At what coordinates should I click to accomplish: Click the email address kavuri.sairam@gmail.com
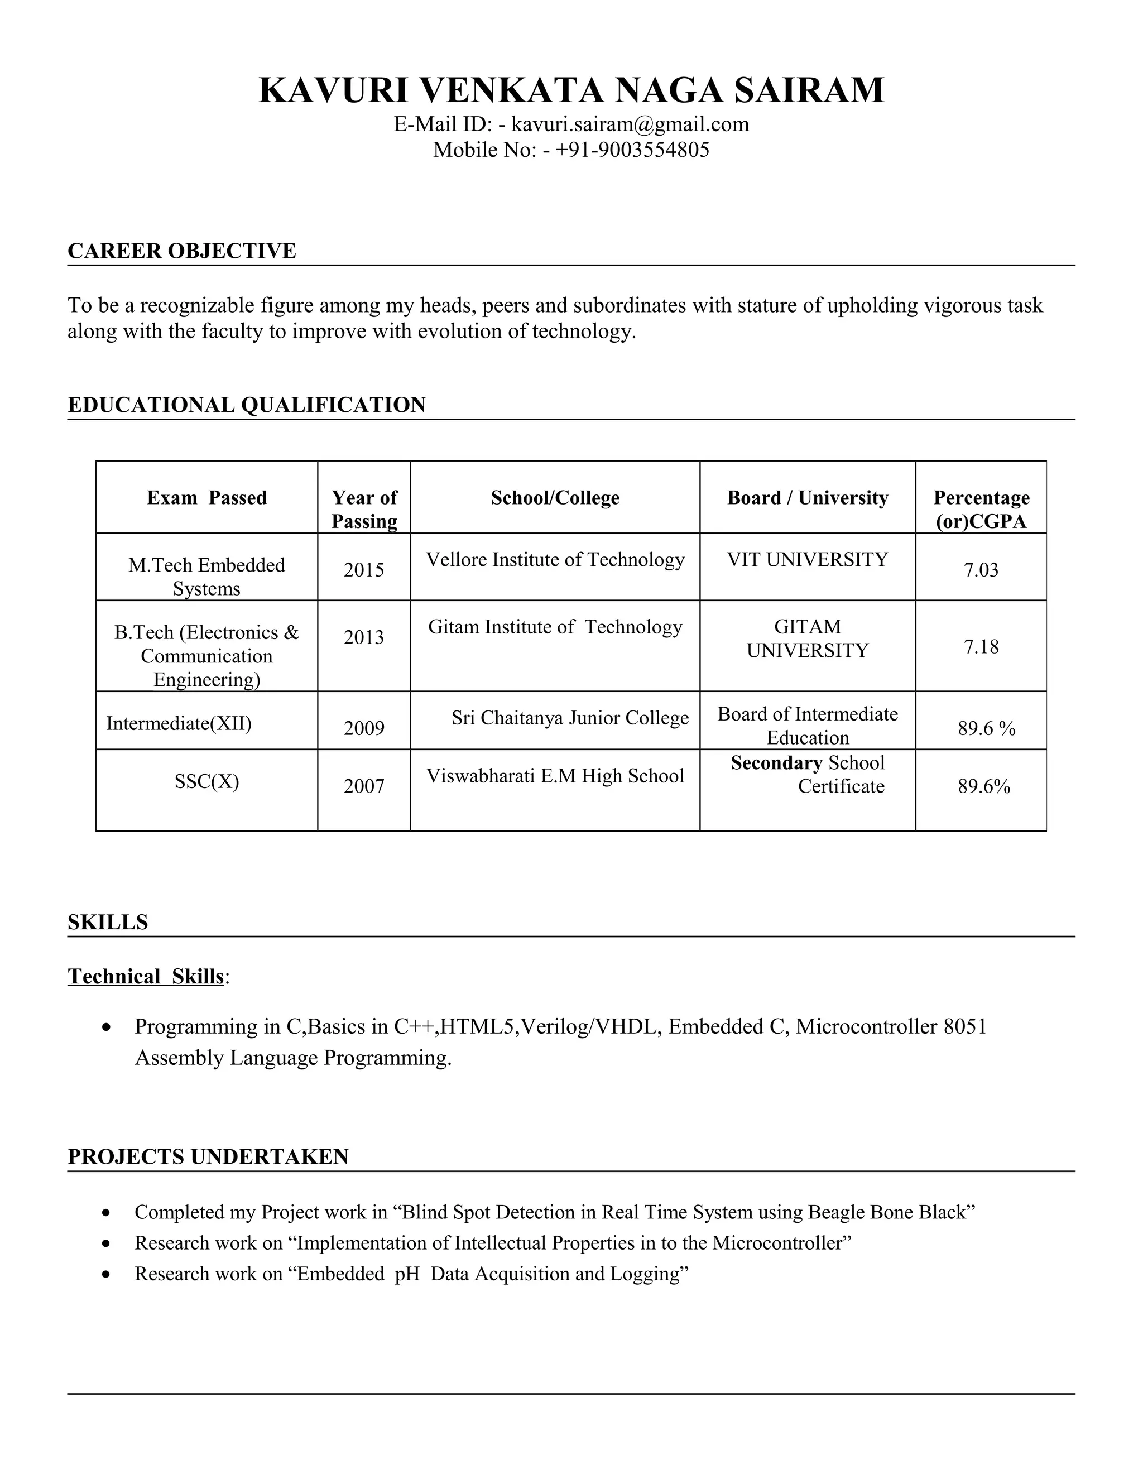point(630,124)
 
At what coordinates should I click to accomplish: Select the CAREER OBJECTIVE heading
point(181,251)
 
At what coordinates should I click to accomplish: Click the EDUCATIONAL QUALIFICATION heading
point(247,405)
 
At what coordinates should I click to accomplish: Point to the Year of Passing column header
point(364,509)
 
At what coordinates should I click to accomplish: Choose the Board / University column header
point(807,498)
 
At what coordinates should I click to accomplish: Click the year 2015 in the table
point(364,570)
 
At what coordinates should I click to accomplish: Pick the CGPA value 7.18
point(981,647)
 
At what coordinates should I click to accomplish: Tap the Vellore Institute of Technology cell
point(555,560)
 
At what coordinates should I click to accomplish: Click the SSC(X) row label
point(206,782)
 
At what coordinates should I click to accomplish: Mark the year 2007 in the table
point(364,786)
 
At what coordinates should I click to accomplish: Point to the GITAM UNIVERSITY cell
point(807,638)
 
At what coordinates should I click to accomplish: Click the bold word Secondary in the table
point(776,763)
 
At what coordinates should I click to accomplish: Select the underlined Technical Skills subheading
point(146,977)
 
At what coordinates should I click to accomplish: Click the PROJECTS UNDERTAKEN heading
point(208,1156)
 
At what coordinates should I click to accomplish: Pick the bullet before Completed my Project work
point(105,1213)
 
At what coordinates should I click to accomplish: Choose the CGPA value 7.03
point(981,570)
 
